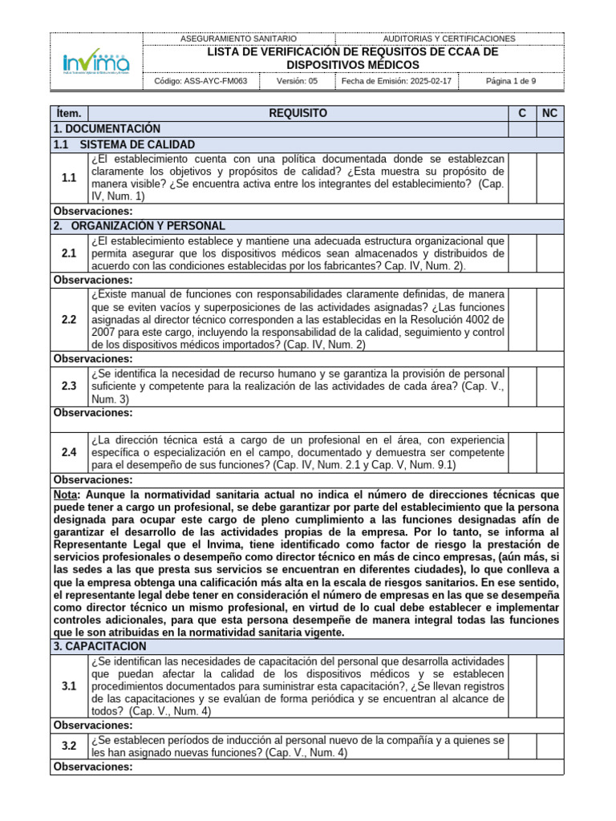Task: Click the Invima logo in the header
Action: [x=96, y=61]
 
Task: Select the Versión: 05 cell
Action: [x=297, y=81]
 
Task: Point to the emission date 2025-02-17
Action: [x=396, y=81]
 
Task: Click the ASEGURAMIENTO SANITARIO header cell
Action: [x=239, y=38]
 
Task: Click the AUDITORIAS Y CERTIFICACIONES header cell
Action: [x=449, y=38]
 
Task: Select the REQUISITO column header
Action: [x=298, y=114]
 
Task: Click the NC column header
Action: [x=549, y=114]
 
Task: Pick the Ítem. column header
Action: [x=69, y=114]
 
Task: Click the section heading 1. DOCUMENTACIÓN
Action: [x=107, y=129]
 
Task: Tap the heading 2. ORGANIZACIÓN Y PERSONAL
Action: [x=139, y=226]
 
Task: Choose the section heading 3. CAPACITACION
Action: [x=100, y=645]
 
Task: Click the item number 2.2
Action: [x=69, y=320]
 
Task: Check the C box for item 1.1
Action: [x=521, y=177]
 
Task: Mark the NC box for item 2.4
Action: [x=549, y=452]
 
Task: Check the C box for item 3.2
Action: [x=521, y=746]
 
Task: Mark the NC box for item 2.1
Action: [x=549, y=253]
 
